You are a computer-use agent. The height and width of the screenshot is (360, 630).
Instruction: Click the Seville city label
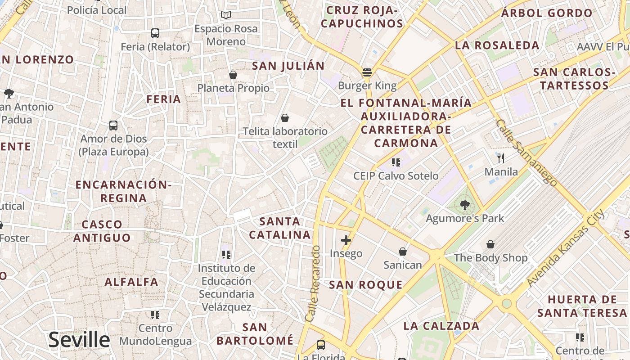pos(79,340)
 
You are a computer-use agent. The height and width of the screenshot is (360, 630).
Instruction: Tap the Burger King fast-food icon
pos(367,72)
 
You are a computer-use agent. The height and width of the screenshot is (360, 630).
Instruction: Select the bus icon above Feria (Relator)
pos(155,33)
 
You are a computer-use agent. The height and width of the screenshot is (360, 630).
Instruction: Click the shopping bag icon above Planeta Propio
pos(233,75)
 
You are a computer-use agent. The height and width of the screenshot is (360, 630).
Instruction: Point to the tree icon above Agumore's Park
pos(465,206)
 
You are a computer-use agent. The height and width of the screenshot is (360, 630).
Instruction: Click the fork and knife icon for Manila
pos(501,158)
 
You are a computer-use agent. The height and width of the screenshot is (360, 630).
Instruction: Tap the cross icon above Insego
pos(346,240)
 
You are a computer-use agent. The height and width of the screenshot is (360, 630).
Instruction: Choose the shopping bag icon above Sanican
pos(403,252)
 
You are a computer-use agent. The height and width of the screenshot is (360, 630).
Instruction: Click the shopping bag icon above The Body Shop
pos(490,244)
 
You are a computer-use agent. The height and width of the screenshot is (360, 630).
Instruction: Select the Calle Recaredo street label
pos(314,283)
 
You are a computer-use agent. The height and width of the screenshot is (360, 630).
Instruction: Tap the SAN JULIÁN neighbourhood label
pos(288,66)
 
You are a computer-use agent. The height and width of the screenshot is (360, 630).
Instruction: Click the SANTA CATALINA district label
pos(280,228)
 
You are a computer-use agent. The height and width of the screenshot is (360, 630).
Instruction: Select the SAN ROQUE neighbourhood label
pos(365,285)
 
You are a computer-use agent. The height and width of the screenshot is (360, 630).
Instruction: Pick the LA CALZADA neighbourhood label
pos(441,326)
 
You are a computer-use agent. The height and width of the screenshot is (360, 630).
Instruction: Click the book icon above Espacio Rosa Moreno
pos(226,15)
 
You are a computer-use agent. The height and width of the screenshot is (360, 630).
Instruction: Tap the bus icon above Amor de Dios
pos(113,126)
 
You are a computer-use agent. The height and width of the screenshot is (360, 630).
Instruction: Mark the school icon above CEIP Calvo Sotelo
pos(396,162)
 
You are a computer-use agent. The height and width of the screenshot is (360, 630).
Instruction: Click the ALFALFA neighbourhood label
pos(131,282)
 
